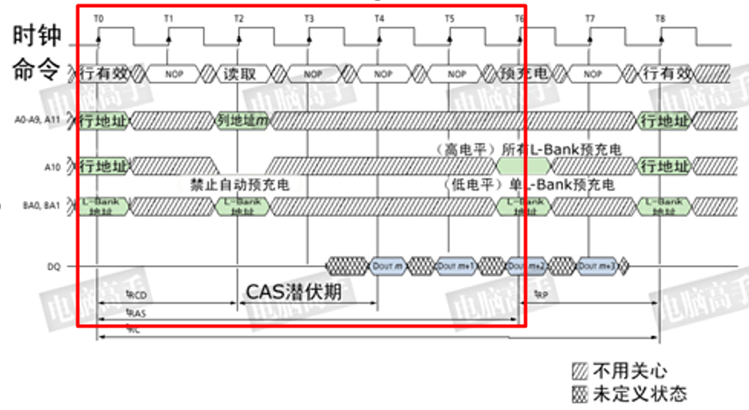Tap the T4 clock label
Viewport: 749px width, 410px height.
[x=378, y=18]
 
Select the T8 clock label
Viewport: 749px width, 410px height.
[x=659, y=18]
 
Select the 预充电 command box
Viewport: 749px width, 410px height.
[x=523, y=74]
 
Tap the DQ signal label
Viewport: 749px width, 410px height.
[x=54, y=266]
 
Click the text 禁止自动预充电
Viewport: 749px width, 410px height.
[x=239, y=185]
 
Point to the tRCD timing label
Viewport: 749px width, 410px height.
[x=136, y=297]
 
